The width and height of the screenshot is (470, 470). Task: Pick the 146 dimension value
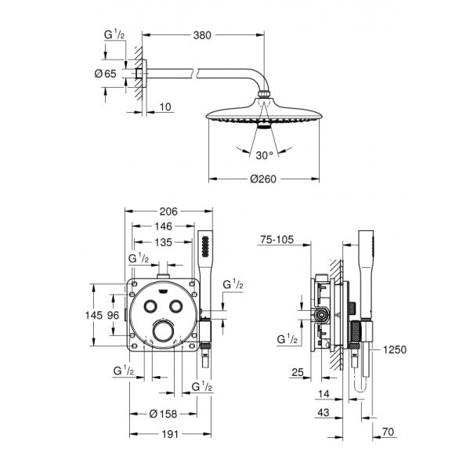(x=163, y=226)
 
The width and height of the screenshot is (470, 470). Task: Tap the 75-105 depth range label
(x=277, y=241)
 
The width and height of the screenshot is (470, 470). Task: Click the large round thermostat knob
(x=164, y=334)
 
